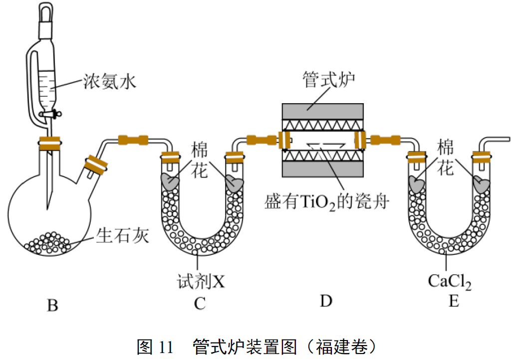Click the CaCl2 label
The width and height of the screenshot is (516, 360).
point(449,282)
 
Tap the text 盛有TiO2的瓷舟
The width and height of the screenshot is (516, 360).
point(327,201)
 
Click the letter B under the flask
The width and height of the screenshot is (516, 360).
point(52,305)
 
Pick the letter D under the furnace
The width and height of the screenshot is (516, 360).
point(326,301)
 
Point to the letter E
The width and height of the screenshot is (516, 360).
point(454,302)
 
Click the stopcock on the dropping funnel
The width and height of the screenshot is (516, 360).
point(52,114)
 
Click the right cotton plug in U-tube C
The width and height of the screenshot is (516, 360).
point(235,183)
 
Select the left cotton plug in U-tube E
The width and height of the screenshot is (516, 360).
point(416,184)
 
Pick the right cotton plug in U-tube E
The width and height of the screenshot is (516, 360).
point(482,184)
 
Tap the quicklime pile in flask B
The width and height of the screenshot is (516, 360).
point(49,242)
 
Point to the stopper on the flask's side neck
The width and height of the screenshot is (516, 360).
point(95,165)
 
